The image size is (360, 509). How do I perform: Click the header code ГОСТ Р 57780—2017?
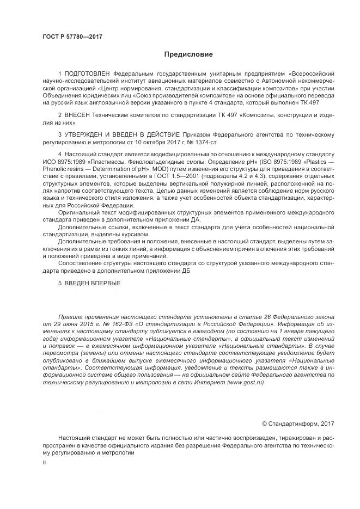click(72, 36)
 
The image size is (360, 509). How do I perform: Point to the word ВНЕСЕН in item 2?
click(76, 115)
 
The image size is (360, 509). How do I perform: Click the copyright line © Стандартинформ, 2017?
click(298, 422)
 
